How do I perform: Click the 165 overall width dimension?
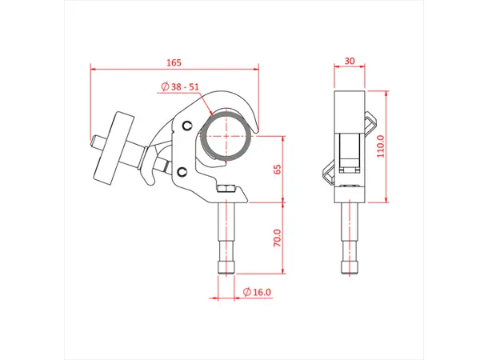[174, 62]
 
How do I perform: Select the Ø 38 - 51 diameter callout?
[180, 86]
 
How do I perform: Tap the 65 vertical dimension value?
[278, 169]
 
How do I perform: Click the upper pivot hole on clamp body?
[187, 126]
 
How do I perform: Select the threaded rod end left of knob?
[97, 142]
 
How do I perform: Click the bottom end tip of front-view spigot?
[226, 273]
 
